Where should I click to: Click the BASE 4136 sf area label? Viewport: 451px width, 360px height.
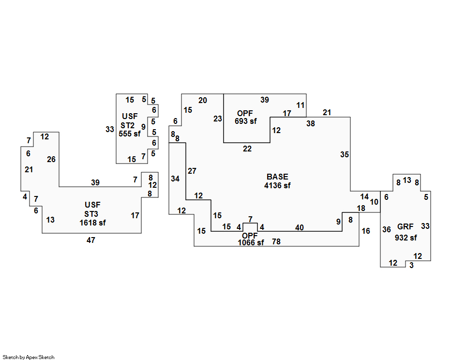point(277,181)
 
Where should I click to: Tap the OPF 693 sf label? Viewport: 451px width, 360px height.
point(245,117)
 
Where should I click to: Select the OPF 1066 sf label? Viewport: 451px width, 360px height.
point(251,239)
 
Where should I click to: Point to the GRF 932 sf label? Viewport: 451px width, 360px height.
point(406,232)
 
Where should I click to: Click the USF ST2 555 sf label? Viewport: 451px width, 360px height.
point(129,125)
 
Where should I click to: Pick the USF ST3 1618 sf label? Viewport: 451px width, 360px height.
point(92,214)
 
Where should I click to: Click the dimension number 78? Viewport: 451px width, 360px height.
point(276,241)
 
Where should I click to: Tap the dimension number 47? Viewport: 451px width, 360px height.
point(91,240)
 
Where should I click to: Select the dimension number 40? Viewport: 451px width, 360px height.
point(300,227)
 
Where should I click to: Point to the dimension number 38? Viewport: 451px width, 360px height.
point(310,123)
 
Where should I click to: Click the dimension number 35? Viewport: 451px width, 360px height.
point(344,154)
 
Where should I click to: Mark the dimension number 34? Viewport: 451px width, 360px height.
point(175,179)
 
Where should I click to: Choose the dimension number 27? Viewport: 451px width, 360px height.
point(192,171)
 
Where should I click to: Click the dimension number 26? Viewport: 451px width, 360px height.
point(51,159)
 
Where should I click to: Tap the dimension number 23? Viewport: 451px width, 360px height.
point(217,119)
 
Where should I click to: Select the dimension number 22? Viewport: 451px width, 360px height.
point(247,149)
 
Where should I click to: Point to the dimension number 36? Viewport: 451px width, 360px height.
point(386,229)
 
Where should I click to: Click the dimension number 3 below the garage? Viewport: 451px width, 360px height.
point(411,265)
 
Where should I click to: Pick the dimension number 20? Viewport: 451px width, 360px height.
point(202,100)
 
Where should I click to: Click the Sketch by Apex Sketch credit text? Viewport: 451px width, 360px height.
point(29,357)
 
